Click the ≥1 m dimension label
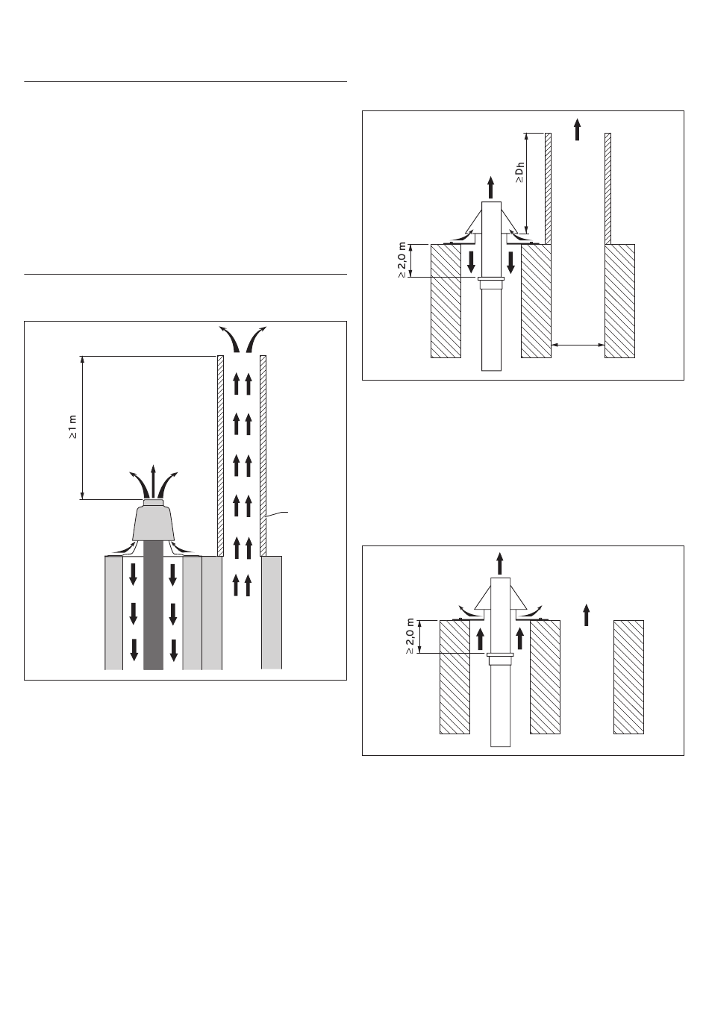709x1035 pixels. (73, 427)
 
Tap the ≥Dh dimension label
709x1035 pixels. (520, 172)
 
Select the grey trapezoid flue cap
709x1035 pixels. (154, 523)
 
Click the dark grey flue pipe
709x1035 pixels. (154, 605)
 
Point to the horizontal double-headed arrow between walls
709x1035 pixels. (578, 345)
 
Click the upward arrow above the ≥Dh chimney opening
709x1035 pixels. (578, 129)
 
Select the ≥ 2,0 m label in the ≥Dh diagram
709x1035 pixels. (402, 260)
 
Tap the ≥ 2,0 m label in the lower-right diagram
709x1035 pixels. (410, 637)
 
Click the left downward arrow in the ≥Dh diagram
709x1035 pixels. (472, 262)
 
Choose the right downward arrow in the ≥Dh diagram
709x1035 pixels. (510, 262)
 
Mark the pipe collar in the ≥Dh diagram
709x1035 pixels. (491, 283)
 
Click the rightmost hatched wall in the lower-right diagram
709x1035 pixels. (628, 677)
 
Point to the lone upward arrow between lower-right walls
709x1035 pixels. (587, 615)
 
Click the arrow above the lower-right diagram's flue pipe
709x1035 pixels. (499, 563)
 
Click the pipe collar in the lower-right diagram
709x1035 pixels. (500, 659)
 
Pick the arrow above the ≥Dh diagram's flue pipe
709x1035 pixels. (491, 187)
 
